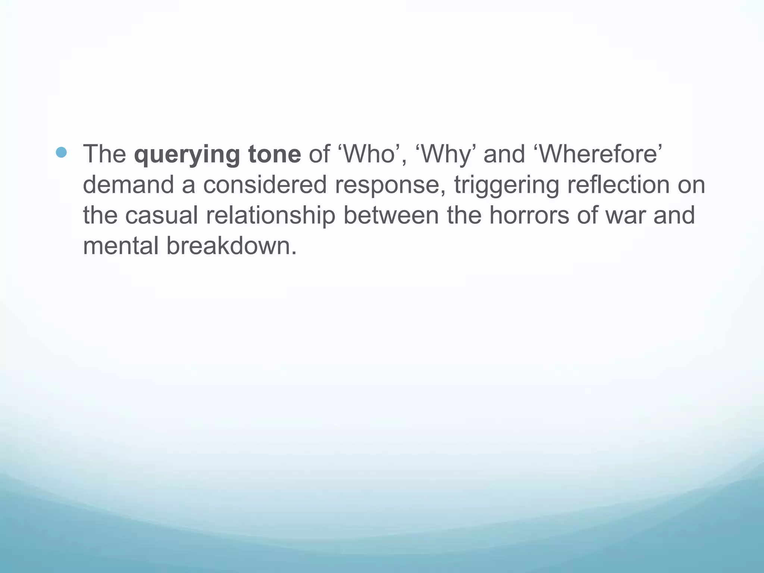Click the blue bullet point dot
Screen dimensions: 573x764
coord(61,152)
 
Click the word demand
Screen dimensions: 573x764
coord(128,185)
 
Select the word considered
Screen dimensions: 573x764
coord(265,185)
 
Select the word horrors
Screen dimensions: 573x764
coord(529,216)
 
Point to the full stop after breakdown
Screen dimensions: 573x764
coord(294,254)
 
